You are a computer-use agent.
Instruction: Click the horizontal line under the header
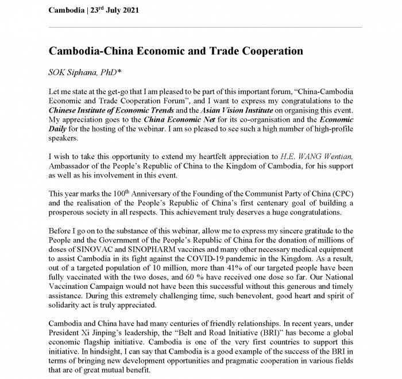click(200, 27)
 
